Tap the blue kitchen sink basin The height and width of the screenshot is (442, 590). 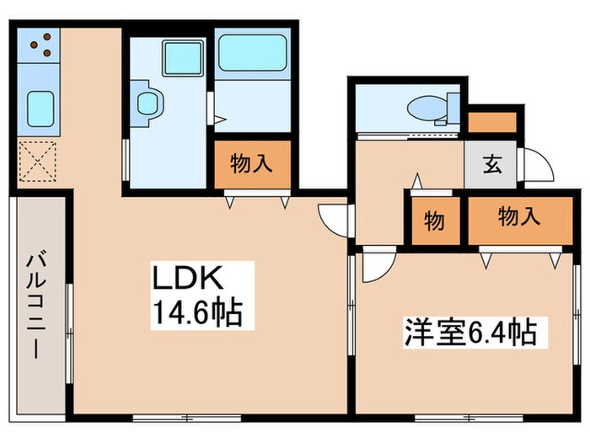coord(40,107)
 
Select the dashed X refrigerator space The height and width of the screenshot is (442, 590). coord(38,162)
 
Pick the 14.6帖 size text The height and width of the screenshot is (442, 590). coord(197,313)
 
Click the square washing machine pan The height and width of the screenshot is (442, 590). coord(179,58)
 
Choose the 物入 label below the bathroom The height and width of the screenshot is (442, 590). coord(252,163)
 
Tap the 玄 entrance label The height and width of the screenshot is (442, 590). coord(491,164)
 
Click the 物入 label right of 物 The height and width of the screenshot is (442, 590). coord(518,218)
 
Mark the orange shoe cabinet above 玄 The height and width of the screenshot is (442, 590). coord(491,121)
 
